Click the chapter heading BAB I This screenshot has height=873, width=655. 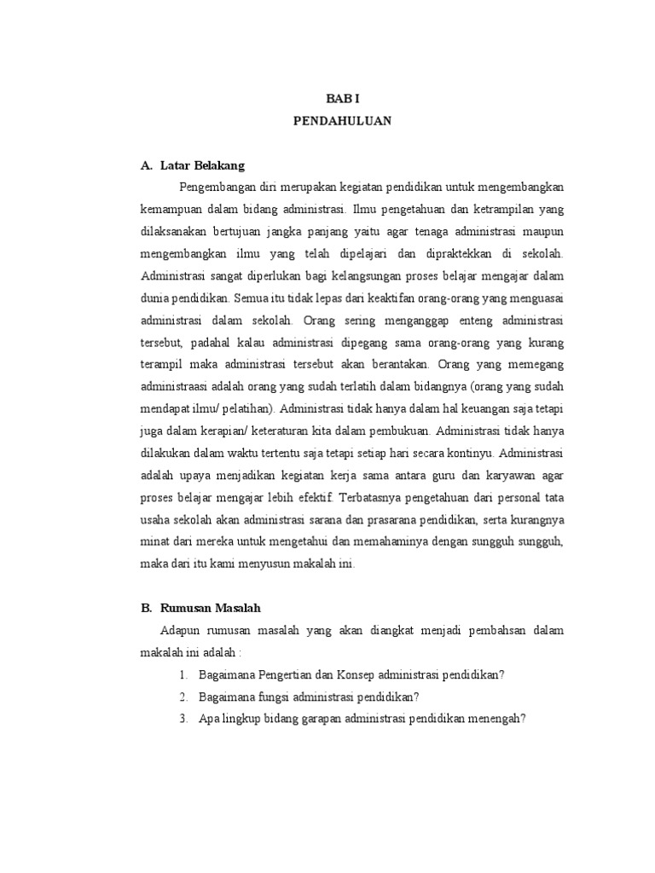tap(343, 99)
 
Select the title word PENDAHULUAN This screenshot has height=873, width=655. tap(343, 121)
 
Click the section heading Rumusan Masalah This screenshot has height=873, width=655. tap(210, 608)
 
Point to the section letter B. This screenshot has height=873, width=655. tap(145, 608)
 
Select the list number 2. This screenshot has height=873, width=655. tap(183, 697)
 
